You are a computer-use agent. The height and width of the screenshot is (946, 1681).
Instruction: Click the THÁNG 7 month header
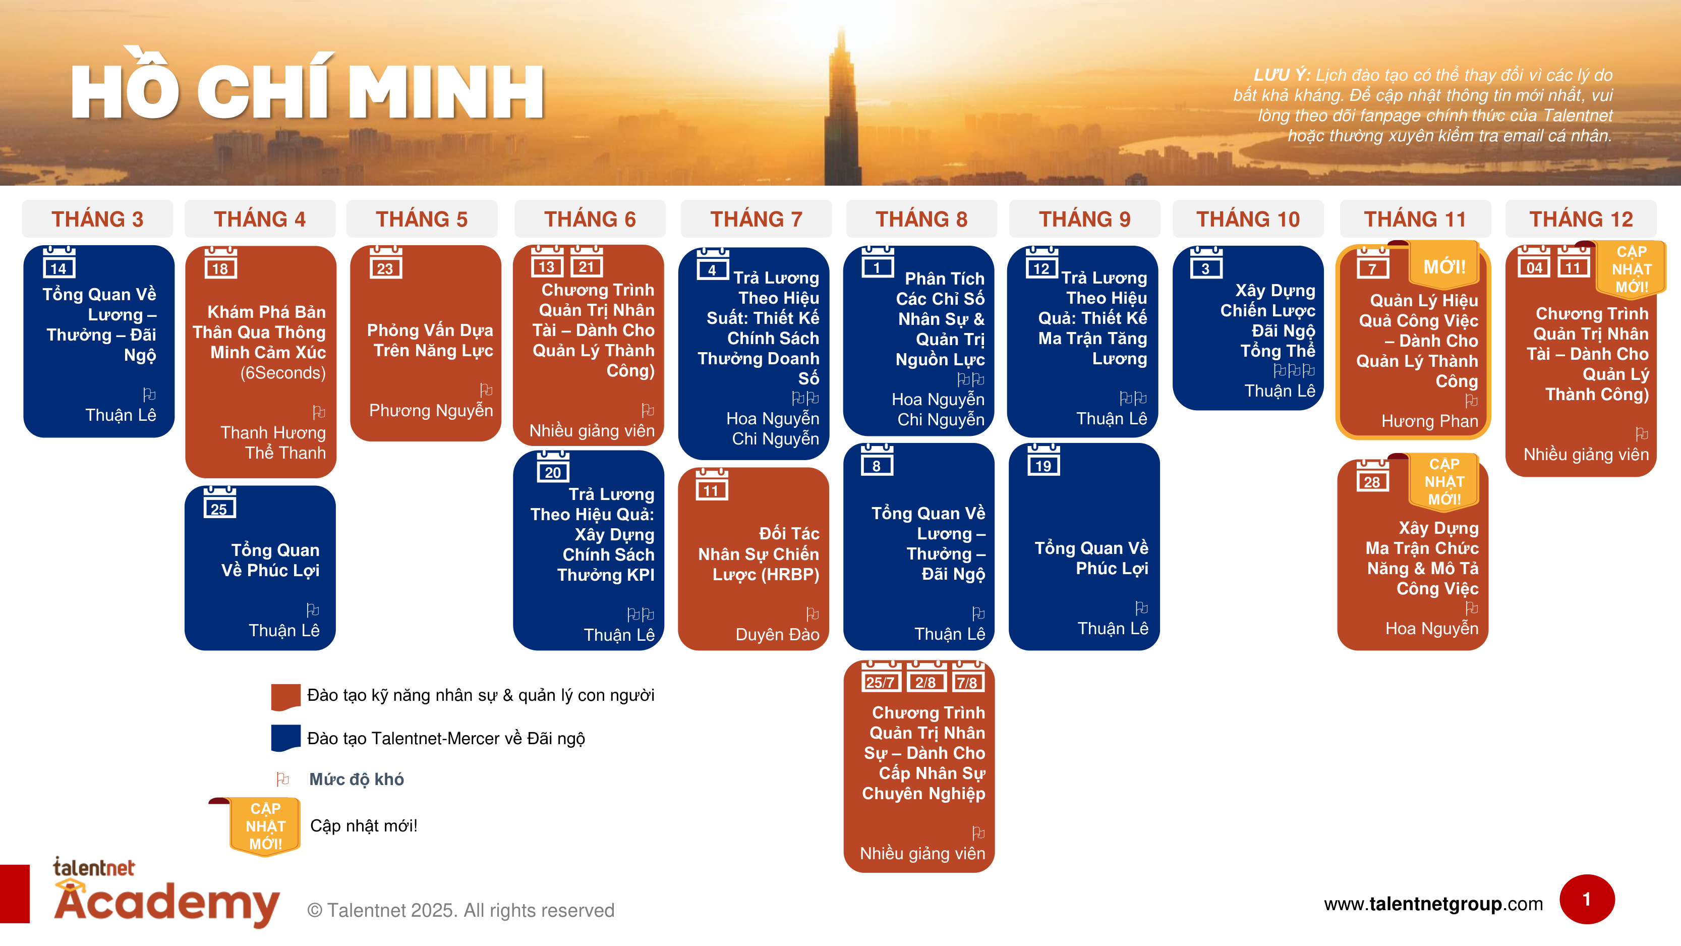[x=756, y=219]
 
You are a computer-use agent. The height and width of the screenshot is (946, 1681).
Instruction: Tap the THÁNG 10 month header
[x=1248, y=219]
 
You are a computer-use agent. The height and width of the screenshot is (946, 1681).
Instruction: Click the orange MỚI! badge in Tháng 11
[x=1443, y=266]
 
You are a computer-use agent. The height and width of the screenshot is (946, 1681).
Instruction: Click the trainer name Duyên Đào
[x=777, y=635]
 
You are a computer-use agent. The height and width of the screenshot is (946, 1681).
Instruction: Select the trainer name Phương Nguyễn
[x=431, y=411]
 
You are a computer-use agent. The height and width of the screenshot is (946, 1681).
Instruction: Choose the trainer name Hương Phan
[x=1429, y=421]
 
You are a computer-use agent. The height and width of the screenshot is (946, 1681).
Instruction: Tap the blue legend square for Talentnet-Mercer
[x=285, y=738]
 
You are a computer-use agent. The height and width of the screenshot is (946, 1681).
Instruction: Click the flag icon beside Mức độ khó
[x=282, y=779]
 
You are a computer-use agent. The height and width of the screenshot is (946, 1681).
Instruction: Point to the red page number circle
[x=1586, y=899]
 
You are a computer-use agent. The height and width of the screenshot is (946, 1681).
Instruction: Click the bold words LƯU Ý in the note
[x=1281, y=75]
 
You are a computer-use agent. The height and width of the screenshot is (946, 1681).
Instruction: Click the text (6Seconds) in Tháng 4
[x=282, y=373]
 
